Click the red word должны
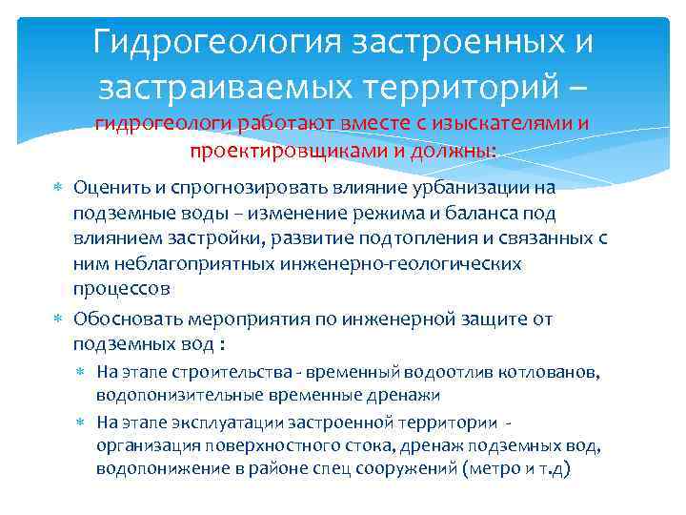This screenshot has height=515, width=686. (x=458, y=150)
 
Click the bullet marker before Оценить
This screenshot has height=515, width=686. (x=60, y=187)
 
